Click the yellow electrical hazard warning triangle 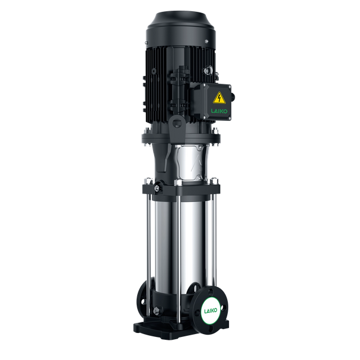pyautogui.click(x=219, y=98)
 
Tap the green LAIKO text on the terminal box pyautogui.click(x=219, y=111)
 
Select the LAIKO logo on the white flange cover pyautogui.click(x=210, y=311)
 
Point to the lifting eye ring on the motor pyautogui.click(x=208, y=70)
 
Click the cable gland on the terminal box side pyautogui.click(x=232, y=96)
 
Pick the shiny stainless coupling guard pyautogui.click(x=192, y=163)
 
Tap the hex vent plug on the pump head pyautogui.click(x=157, y=188)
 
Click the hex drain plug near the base pyautogui.click(x=157, y=311)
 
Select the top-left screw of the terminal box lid pyautogui.click(x=204, y=85)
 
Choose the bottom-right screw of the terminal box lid pyautogui.click(x=229, y=118)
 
